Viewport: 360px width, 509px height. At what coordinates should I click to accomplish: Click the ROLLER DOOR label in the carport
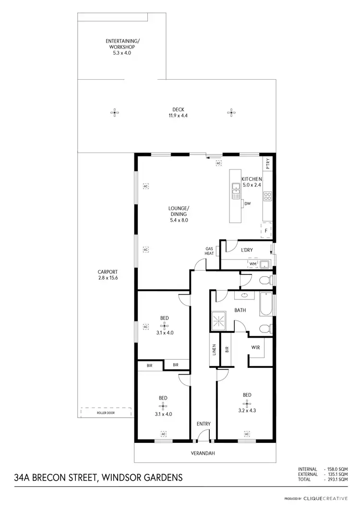[x=106, y=411]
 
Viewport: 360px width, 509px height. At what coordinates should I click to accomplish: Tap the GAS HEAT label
[x=209, y=250]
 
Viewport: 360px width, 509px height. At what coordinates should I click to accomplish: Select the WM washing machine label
[x=253, y=263]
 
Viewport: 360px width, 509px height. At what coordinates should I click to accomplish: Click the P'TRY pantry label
[x=268, y=164]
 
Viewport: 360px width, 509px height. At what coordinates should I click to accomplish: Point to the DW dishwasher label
[x=248, y=204]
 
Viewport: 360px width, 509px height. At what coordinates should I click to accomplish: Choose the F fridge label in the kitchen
[x=265, y=231]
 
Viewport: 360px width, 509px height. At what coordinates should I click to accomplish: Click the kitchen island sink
[x=236, y=190]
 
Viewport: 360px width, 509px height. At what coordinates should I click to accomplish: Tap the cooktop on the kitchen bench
[x=268, y=196]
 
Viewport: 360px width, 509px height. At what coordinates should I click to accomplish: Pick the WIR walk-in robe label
[x=255, y=347]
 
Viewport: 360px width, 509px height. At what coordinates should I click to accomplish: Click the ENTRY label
[x=204, y=424]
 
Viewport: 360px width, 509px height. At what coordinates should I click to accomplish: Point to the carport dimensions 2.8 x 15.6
[x=107, y=278]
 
